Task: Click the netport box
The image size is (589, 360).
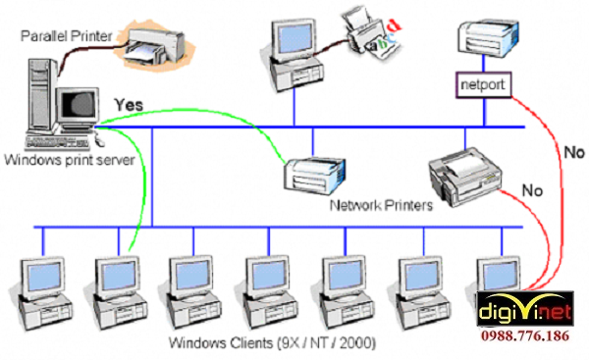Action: click(482, 84)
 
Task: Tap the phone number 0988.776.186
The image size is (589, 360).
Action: click(531, 335)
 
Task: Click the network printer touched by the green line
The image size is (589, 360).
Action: click(310, 178)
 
